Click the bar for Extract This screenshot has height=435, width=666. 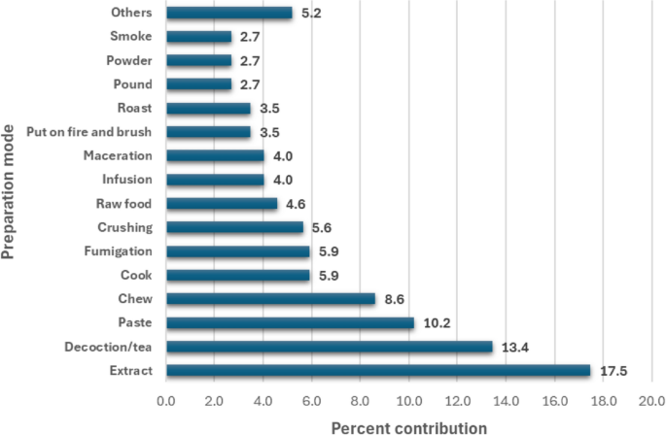pos(378,371)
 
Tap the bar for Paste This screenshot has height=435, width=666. pos(290,323)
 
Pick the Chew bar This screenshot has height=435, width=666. pos(270,299)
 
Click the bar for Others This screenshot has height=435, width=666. pos(228,13)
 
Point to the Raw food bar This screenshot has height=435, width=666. pos(222,204)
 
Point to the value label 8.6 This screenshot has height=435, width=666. pos(394,299)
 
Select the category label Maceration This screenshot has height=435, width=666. pos(119,155)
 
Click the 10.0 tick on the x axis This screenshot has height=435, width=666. pos(408,399)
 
